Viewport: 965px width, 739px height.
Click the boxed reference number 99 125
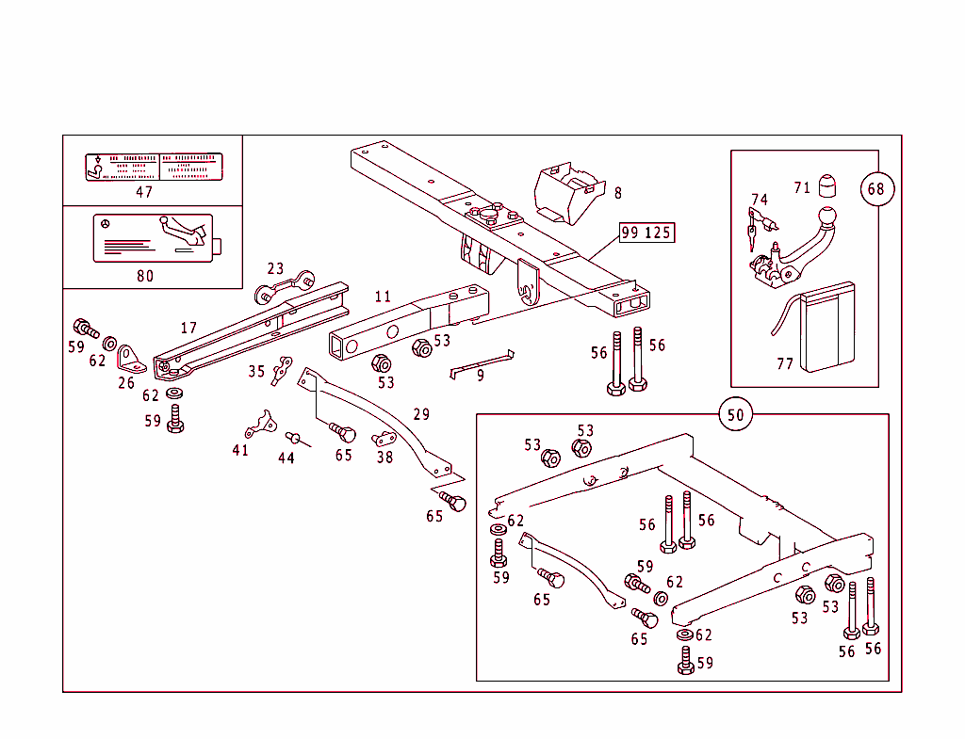pyautogui.click(x=647, y=233)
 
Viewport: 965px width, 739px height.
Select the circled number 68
pyautogui.click(x=876, y=188)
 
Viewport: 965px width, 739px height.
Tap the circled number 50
pyautogui.click(x=735, y=414)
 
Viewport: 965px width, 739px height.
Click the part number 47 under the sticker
pyautogui.click(x=144, y=192)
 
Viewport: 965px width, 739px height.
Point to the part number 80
pyautogui.click(x=144, y=276)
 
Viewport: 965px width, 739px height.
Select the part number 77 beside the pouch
pyautogui.click(x=785, y=364)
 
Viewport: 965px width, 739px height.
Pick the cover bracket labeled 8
pyautogui.click(x=565, y=193)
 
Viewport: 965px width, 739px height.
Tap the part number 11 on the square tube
pyautogui.click(x=383, y=297)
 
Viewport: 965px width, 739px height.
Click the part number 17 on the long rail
pyautogui.click(x=188, y=328)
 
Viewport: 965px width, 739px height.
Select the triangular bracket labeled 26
pyautogui.click(x=128, y=360)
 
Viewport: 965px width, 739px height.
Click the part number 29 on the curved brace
pyautogui.click(x=421, y=414)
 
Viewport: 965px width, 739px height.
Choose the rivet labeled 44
pyautogui.click(x=293, y=437)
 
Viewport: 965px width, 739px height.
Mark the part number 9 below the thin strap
pyautogui.click(x=481, y=376)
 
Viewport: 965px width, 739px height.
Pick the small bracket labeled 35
pyautogui.click(x=282, y=371)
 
